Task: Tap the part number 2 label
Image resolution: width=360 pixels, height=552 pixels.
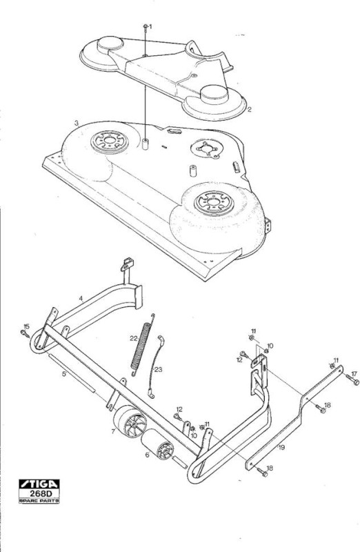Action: pos(249,110)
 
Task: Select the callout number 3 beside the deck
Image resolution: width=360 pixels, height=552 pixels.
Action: pos(76,124)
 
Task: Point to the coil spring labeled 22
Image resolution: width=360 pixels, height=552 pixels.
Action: pos(141,344)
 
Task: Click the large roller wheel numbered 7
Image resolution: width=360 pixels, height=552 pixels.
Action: pos(129,422)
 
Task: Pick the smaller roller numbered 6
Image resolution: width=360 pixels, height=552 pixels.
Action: pos(158,444)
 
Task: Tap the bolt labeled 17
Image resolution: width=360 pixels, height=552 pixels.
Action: pos(352,380)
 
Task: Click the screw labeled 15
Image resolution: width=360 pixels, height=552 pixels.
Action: pos(26,333)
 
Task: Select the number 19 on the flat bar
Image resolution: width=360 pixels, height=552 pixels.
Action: pos(281,447)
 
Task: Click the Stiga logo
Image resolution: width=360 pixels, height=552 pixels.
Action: pos(39,484)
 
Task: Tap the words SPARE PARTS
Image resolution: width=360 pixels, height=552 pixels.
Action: pos(39,500)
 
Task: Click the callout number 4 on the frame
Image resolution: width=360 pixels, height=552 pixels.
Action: pos(81,299)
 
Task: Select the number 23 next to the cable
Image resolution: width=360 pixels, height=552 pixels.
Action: pos(159,370)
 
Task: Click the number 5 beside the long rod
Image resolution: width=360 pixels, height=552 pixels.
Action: pos(63,373)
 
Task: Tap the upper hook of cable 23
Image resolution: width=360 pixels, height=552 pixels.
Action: pos(161,339)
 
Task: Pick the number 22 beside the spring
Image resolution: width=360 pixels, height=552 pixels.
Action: pos(133,339)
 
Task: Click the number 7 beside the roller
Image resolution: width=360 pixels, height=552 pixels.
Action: pos(113,431)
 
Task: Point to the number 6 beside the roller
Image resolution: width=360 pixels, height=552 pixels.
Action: pos(147,455)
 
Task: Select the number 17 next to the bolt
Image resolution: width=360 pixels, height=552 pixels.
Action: pos(354,373)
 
